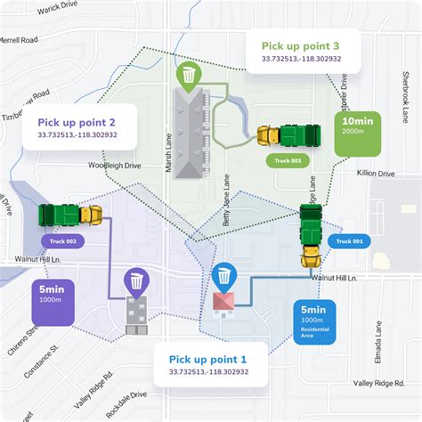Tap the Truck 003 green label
click(x=284, y=160)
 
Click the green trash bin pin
click(x=189, y=77)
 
